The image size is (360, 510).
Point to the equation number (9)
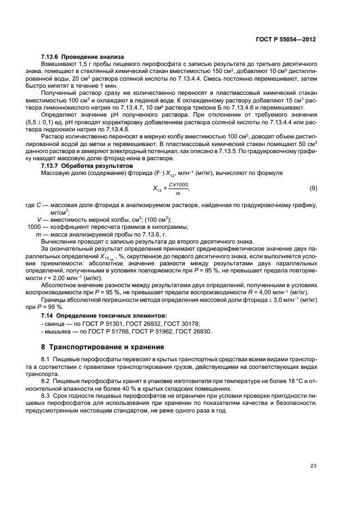click(313, 188)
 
